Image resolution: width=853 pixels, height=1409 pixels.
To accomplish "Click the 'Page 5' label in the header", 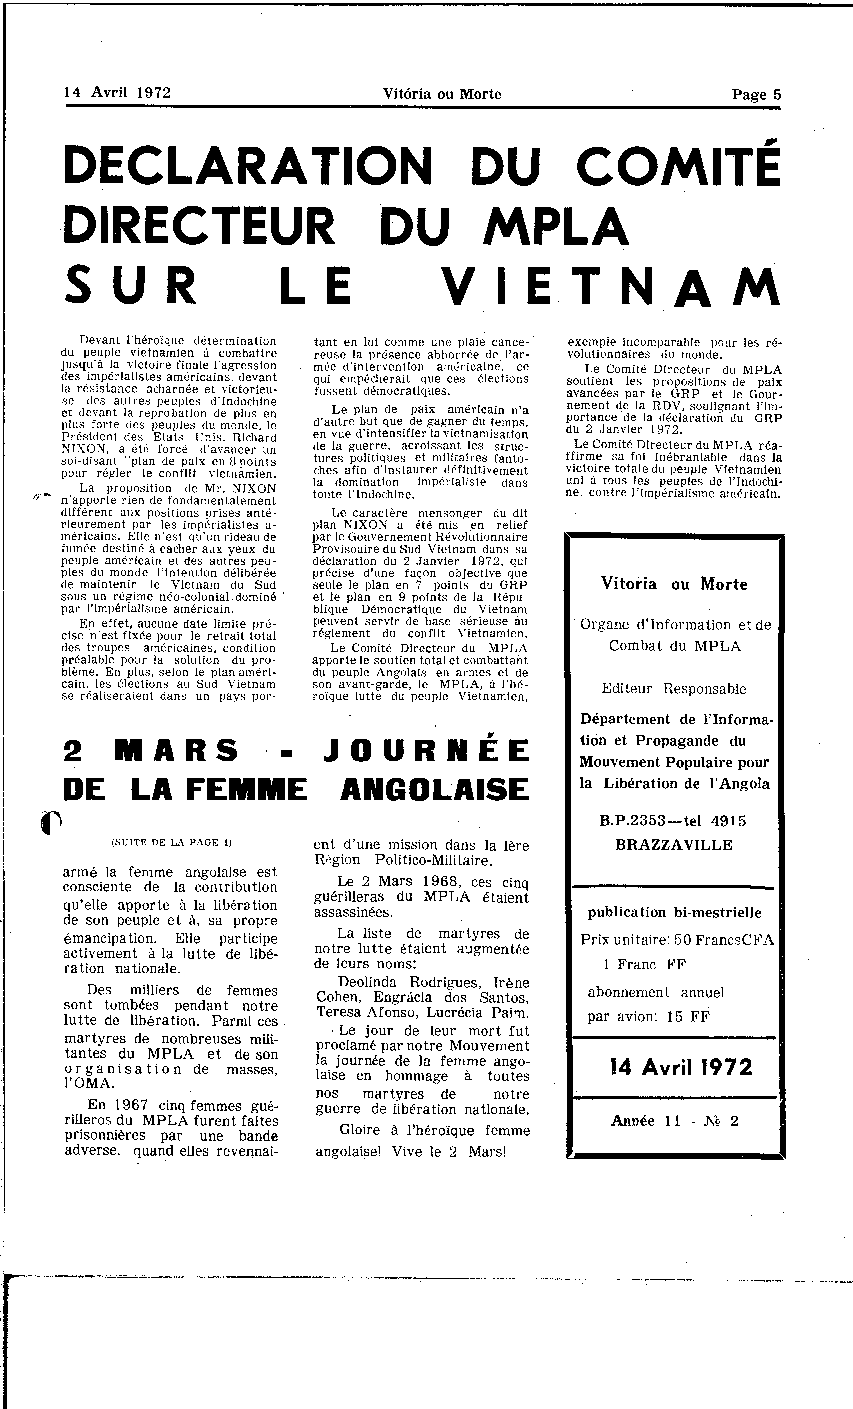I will click(x=756, y=94).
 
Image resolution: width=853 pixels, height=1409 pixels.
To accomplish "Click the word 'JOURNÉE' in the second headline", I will click(x=426, y=751).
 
